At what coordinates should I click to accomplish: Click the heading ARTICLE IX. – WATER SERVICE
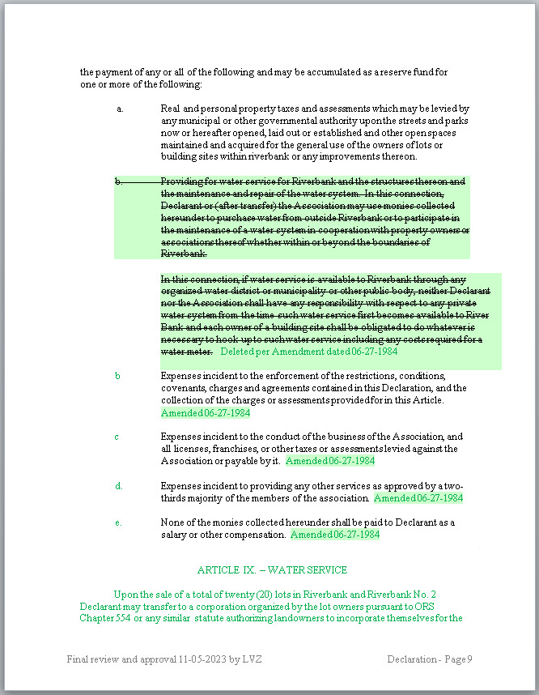click(x=272, y=570)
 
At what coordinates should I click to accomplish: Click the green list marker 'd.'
click(x=118, y=486)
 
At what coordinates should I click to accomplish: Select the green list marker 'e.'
click(x=118, y=522)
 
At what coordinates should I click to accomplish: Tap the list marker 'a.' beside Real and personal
click(x=119, y=109)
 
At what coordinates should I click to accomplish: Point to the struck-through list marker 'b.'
click(x=118, y=182)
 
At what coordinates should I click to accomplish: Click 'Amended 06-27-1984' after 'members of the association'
click(x=418, y=498)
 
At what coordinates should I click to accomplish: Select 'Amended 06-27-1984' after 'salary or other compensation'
click(x=335, y=535)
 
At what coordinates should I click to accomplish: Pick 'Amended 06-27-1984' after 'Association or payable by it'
click(x=330, y=461)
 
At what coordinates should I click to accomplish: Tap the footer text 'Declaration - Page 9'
click(x=430, y=659)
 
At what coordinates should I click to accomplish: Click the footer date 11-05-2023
click(x=201, y=659)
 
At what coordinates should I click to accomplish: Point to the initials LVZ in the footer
click(x=251, y=659)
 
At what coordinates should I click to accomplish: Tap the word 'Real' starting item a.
click(x=170, y=109)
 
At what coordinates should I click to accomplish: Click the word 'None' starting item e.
click(x=172, y=522)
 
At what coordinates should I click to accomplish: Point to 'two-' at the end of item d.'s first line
click(x=454, y=486)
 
